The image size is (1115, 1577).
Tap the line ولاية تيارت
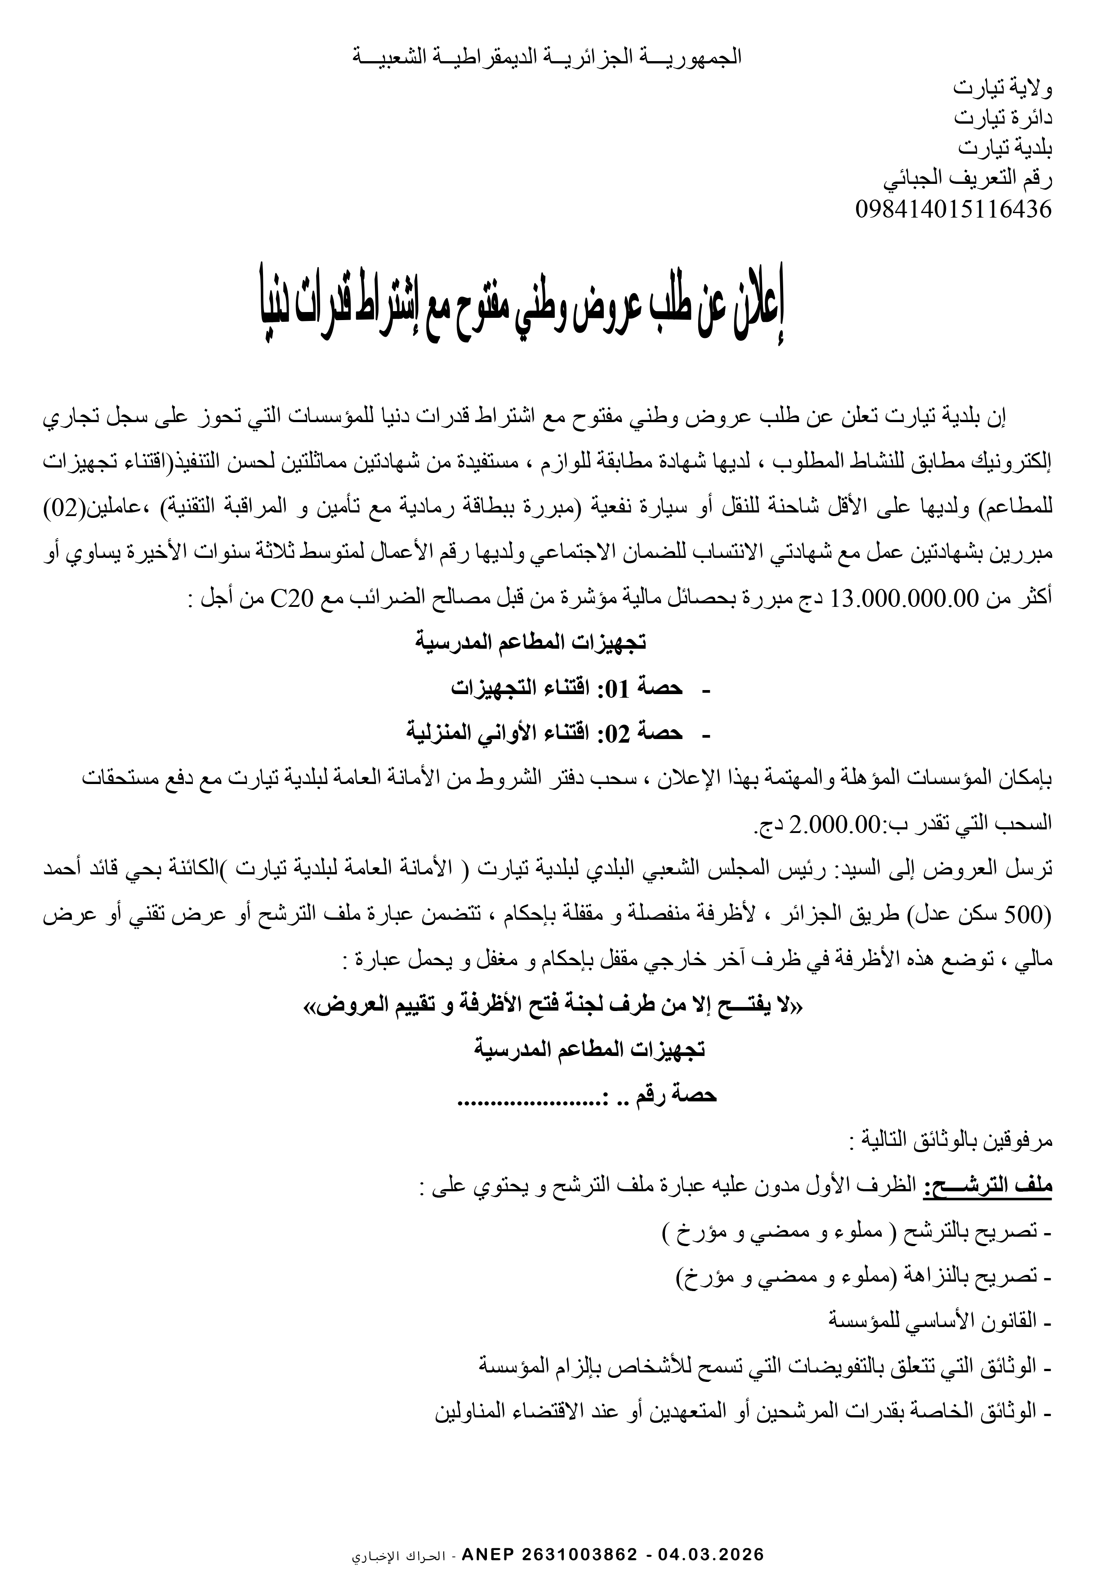(x=1004, y=88)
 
